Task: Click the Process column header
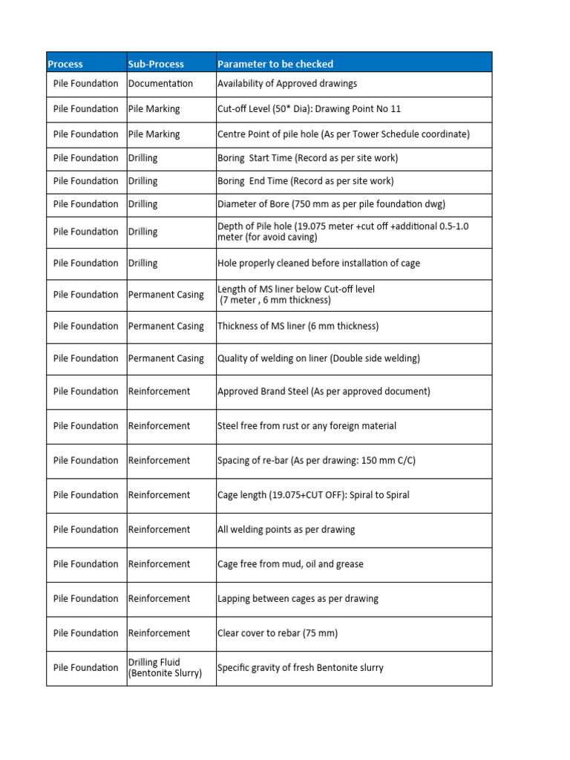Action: pos(65,64)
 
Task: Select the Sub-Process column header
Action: pos(156,64)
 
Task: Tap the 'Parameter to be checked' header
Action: pos(275,64)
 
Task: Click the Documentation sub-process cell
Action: pos(160,84)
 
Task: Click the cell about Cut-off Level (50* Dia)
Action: pos(309,109)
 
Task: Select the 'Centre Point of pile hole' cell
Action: pos(343,134)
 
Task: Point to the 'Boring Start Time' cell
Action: pos(307,158)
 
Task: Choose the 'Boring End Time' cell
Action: pos(305,181)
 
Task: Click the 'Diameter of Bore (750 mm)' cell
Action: pos(331,204)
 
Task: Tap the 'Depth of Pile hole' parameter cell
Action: pos(342,232)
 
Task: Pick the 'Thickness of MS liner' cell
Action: pos(298,327)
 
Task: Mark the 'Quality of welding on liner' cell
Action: pos(318,358)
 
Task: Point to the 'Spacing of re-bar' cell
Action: pos(316,461)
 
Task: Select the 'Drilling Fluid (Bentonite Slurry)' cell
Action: pos(165,668)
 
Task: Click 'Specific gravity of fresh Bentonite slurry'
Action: pos(300,668)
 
